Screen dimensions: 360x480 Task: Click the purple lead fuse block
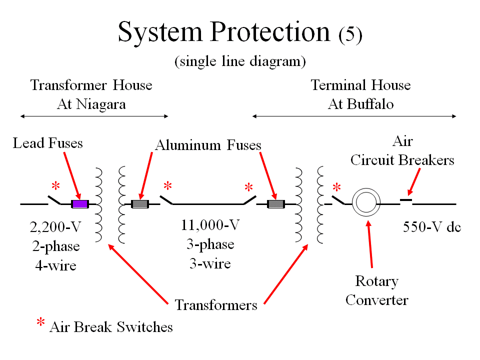click(x=79, y=204)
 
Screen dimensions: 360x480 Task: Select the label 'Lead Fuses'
click(x=48, y=143)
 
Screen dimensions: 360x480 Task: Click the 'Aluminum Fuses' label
click(x=208, y=145)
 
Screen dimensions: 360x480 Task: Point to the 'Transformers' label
click(x=216, y=304)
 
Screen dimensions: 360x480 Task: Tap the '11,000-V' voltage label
click(x=210, y=225)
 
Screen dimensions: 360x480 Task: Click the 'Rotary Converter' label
click(x=376, y=290)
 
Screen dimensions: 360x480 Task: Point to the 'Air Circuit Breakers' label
click(x=402, y=151)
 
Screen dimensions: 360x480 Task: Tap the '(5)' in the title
click(x=350, y=35)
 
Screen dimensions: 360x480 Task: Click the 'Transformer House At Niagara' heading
click(x=91, y=94)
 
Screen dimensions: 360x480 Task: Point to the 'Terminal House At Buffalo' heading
click(x=360, y=94)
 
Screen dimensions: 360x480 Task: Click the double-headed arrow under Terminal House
click(x=354, y=116)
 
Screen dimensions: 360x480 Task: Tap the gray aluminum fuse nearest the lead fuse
click(x=139, y=204)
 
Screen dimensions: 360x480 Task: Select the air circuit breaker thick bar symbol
click(x=406, y=200)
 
